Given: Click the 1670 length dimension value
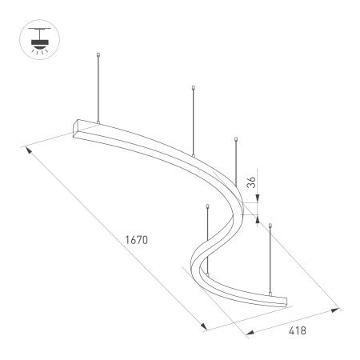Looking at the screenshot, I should pyautogui.click(x=138, y=238).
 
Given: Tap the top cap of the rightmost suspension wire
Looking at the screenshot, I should pyautogui.click(x=270, y=226).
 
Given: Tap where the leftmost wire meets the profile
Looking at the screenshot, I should pyautogui.click(x=98, y=122).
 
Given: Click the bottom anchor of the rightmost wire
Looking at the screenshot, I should pyautogui.click(x=270, y=296).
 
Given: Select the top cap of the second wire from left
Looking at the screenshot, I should pyautogui.click(x=194, y=86).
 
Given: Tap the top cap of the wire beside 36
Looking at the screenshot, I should pyautogui.click(x=235, y=139).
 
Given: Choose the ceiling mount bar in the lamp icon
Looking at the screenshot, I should pyautogui.click(x=37, y=30).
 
